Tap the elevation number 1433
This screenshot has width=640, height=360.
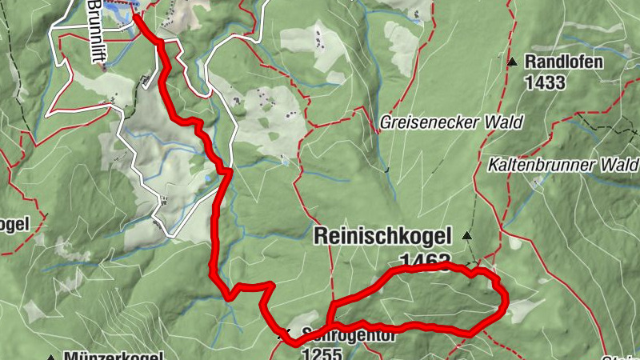[546, 82]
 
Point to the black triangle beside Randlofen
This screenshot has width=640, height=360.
[512, 62]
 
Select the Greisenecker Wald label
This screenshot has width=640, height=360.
[451, 122]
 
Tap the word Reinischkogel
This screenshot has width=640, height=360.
[383, 236]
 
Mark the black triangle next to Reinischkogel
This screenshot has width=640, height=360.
[466, 236]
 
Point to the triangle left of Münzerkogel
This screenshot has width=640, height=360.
[50, 357]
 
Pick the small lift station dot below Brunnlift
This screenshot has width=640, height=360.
[104, 67]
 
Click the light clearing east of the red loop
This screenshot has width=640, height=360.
[520, 309]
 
